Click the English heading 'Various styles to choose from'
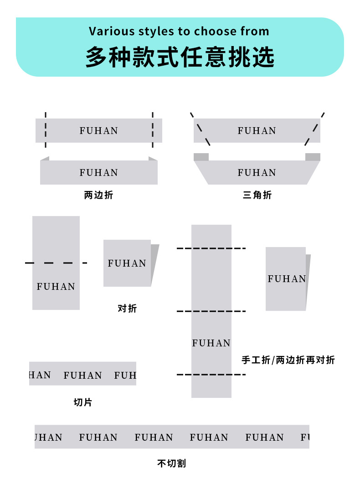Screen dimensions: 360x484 179,31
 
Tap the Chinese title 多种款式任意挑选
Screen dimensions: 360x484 180,57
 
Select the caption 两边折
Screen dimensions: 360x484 98,196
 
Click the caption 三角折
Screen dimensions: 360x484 257,196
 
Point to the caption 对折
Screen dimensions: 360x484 127,309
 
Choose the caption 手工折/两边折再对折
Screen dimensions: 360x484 288,360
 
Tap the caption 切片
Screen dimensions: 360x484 82,402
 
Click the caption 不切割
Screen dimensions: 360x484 171,463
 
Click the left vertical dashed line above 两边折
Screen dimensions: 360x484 46,130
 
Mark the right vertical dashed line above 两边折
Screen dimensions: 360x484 153,130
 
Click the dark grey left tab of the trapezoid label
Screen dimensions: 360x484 201,157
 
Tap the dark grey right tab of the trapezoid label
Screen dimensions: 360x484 313,157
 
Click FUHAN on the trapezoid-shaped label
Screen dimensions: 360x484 257,173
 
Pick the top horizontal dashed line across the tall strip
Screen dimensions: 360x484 211,248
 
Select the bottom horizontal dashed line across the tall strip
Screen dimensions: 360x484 211,375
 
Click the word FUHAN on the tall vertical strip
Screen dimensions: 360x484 211,343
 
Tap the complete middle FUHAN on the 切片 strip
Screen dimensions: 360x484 82,376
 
